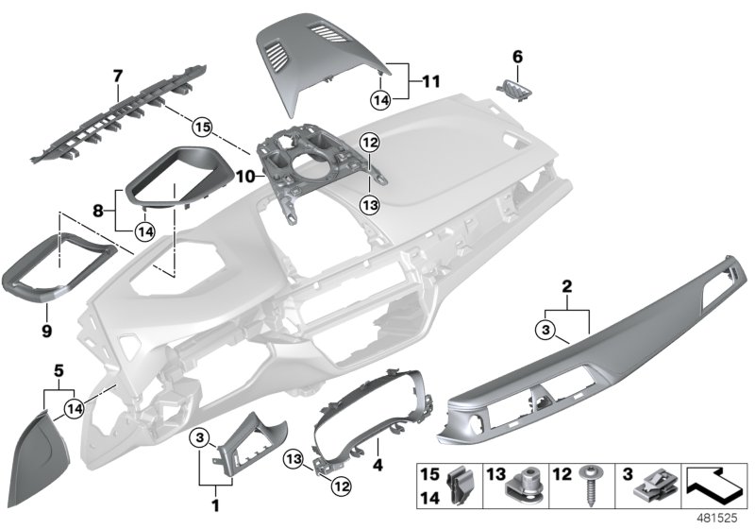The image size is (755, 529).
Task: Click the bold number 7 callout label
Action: (x=117, y=74)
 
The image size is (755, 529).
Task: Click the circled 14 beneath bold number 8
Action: (x=145, y=229)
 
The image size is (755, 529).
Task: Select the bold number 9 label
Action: (x=45, y=332)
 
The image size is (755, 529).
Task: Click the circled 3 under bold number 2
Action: (x=545, y=329)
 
